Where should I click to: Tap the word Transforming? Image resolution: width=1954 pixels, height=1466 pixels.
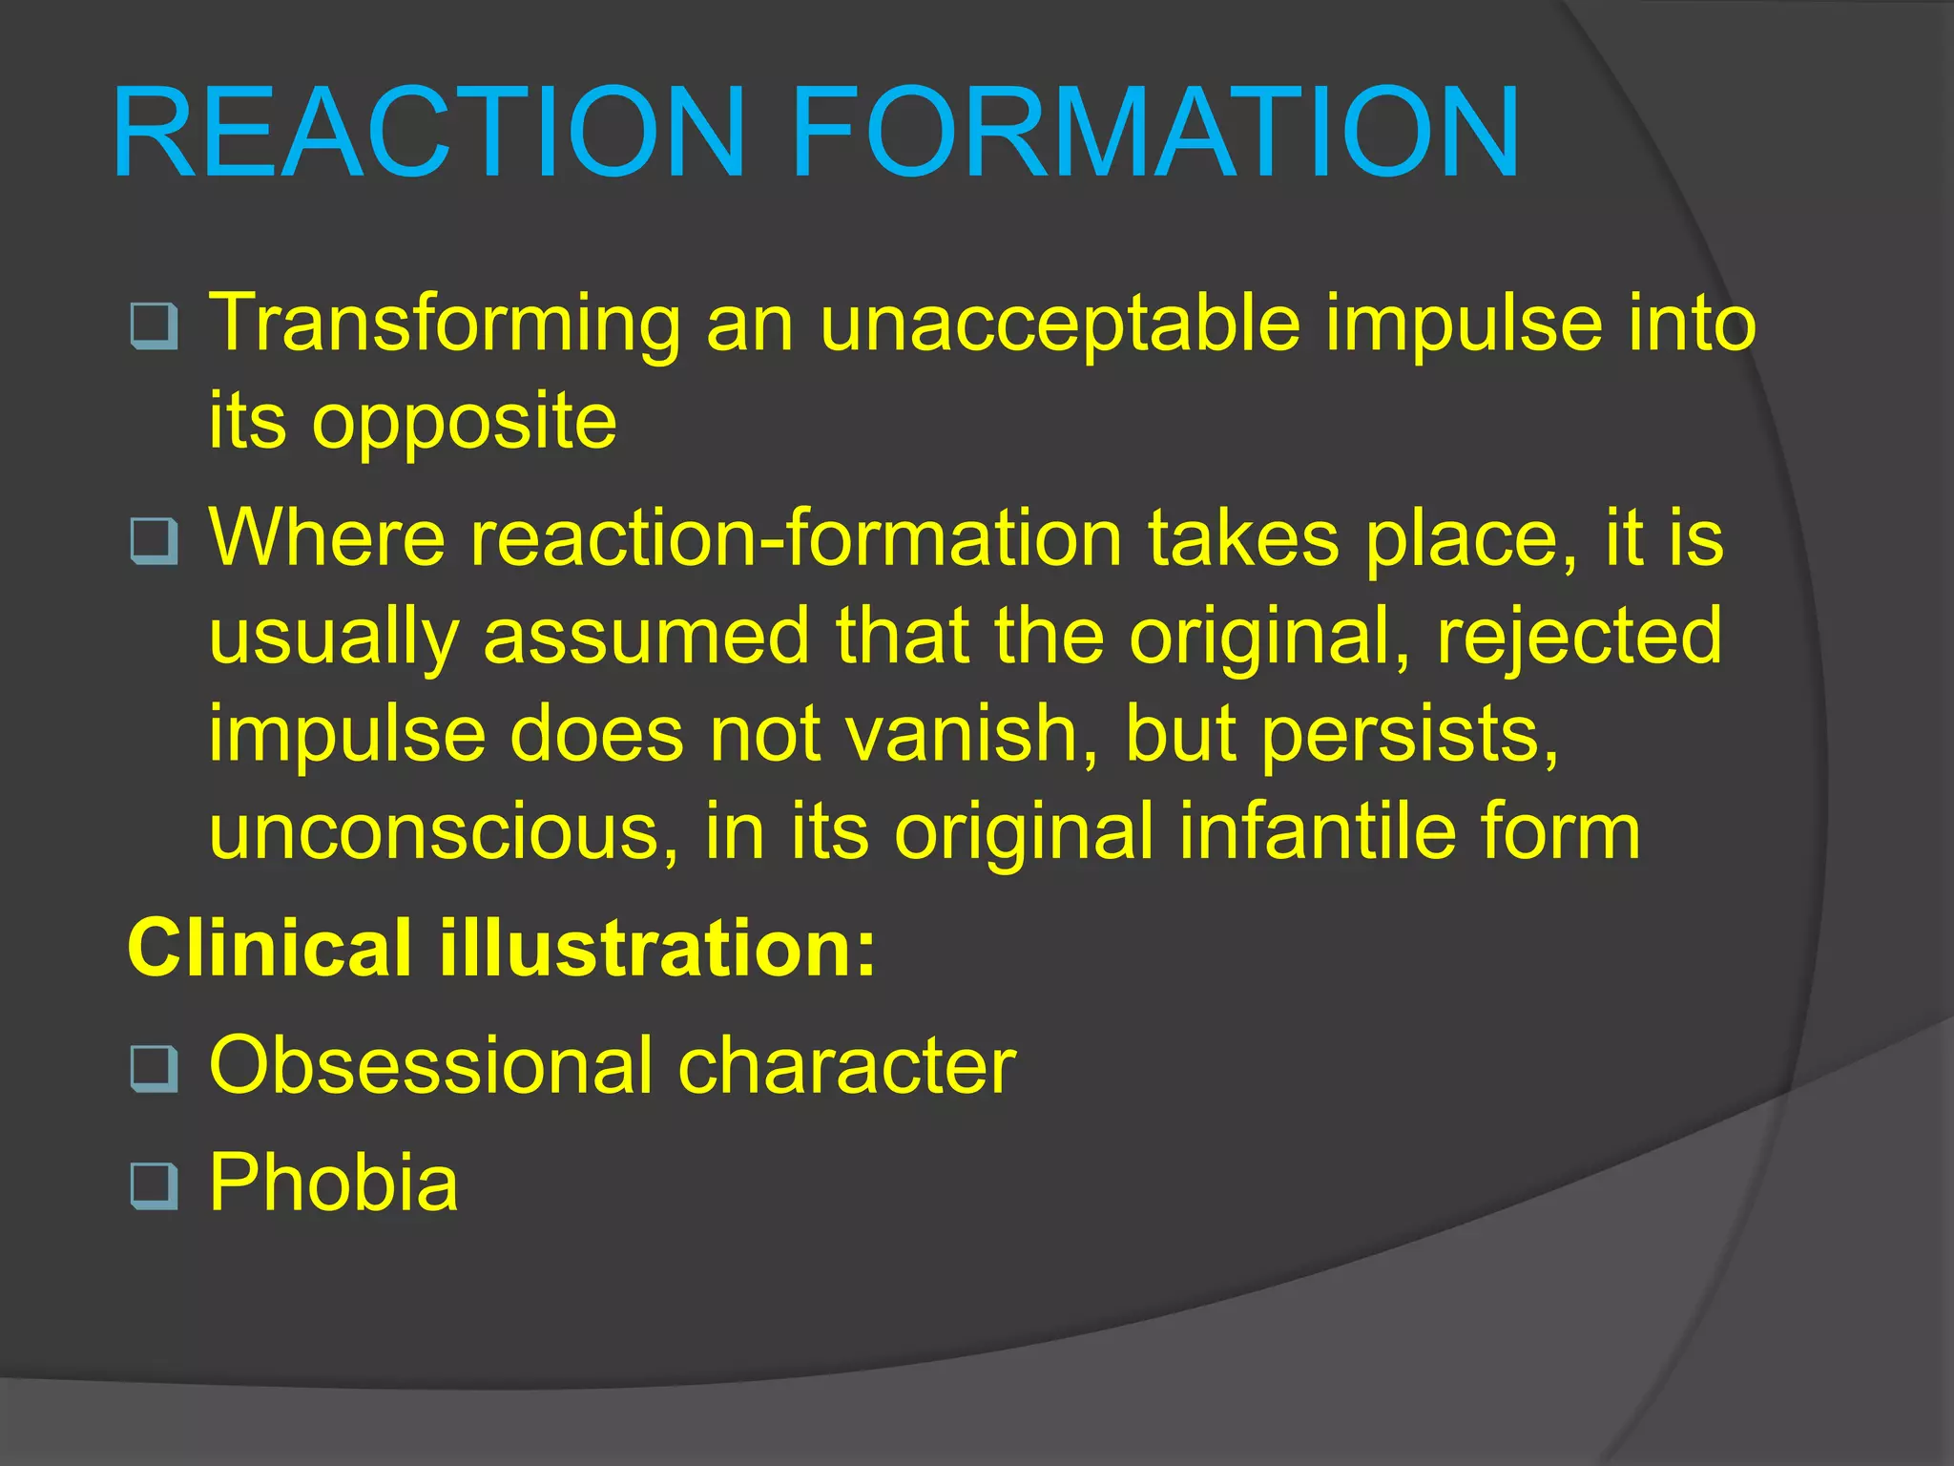445,325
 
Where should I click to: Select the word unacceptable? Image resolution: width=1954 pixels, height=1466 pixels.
1059,325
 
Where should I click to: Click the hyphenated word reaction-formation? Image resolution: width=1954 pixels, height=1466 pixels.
796,538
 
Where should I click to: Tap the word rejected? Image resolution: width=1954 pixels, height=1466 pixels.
1579,637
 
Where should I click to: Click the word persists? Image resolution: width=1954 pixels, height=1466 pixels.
1410,734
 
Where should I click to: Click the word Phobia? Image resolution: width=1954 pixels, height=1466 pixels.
333,1183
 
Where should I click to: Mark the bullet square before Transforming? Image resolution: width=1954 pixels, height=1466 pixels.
154,326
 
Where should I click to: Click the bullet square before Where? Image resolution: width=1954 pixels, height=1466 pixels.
154,541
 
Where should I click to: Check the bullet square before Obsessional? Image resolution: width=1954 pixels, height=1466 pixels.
154,1069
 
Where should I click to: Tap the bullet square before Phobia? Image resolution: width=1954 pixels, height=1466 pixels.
154,1186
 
